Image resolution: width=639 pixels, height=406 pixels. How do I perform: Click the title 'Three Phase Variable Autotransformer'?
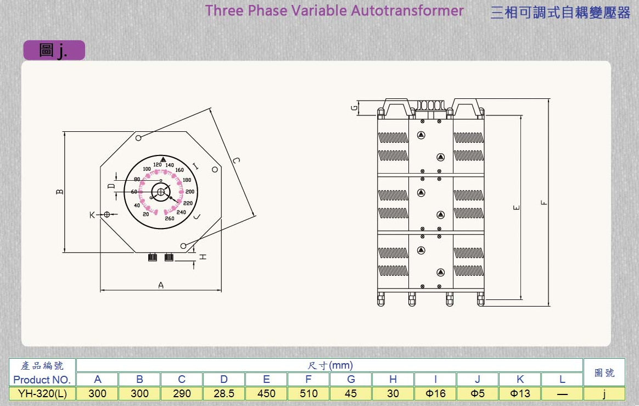334,10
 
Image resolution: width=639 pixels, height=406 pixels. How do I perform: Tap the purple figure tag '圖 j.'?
54,51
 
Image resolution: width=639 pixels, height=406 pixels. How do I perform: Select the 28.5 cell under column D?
223,393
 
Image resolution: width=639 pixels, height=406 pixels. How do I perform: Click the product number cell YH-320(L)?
42,393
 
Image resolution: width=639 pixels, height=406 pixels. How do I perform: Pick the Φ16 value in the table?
435,393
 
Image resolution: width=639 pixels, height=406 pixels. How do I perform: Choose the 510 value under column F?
309,393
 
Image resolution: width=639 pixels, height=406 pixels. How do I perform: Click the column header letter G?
351,379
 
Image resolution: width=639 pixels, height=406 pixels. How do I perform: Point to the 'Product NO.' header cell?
42,380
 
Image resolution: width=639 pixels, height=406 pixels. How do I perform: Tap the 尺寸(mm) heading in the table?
329,365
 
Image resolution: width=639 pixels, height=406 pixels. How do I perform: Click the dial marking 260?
170,219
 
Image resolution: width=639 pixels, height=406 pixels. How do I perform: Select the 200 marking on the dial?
190,192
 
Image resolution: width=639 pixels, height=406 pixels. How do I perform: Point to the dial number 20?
146,214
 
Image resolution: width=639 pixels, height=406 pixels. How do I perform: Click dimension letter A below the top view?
161,285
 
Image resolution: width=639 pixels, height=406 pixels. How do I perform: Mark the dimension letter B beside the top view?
60,192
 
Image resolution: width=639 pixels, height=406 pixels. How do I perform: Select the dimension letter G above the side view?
355,108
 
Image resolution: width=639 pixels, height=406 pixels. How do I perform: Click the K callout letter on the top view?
92,214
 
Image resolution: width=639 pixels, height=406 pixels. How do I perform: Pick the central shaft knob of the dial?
161,192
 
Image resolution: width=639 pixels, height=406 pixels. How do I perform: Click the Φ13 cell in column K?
520,393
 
